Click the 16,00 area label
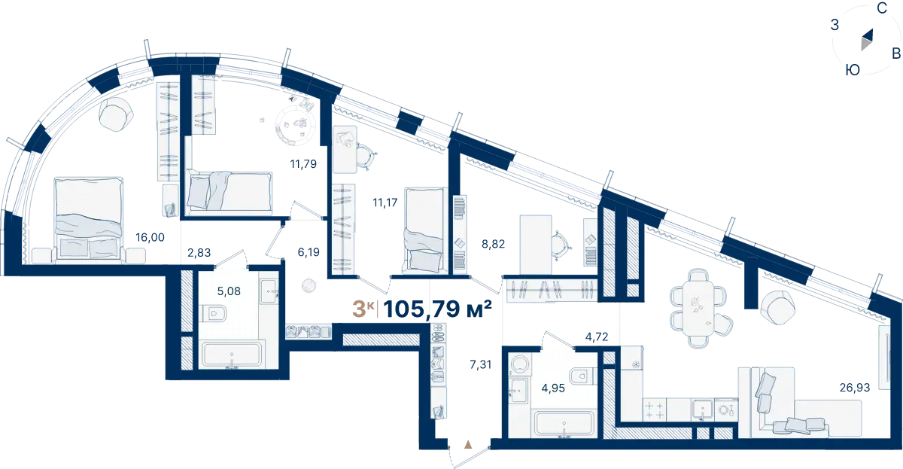click(x=150, y=237)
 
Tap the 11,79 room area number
click(x=303, y=163)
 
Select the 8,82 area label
click(x=493, y=244)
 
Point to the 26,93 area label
click(x=855, y=387)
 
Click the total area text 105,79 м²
click(x=437, y=309)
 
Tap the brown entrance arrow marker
click(x=468, y=444)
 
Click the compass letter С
click(x=882, y=8)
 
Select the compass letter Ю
click(x=853, y=70)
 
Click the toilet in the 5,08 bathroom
click(x=213, y=313)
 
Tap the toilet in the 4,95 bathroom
click(x=583, y=376)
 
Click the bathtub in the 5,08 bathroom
click(x=232, y=355)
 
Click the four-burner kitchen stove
click(x=654, y=410)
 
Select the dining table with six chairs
click(x=699, y=308)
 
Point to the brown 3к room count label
click(x=363, y=309)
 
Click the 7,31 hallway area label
click(x=481, y=364)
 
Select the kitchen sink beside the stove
click(x=703, y=410)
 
